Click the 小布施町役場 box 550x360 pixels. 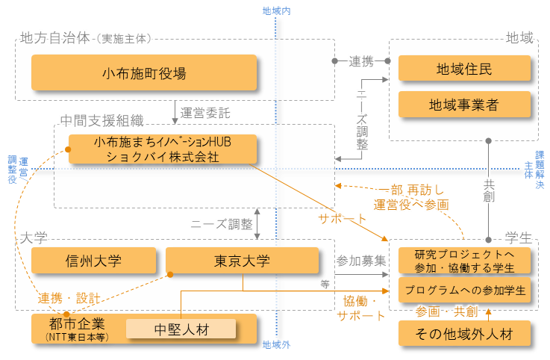pos(144,73)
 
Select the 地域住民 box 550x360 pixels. pos(464,69)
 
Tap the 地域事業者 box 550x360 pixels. pos(464,105)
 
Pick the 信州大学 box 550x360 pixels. pos(93,261)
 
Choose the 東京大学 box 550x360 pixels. pos(242,261)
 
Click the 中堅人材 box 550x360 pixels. pos(181,329)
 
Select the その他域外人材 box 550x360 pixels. pos(464,333)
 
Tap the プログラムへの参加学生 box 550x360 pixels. pos(464,290)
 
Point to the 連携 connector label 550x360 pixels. pos(360,62)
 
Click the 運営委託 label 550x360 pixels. pos(205,114)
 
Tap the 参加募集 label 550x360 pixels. pos(360,261)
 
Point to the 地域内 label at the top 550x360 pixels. pos(276,11)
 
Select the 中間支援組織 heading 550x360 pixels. pos(101,120)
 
